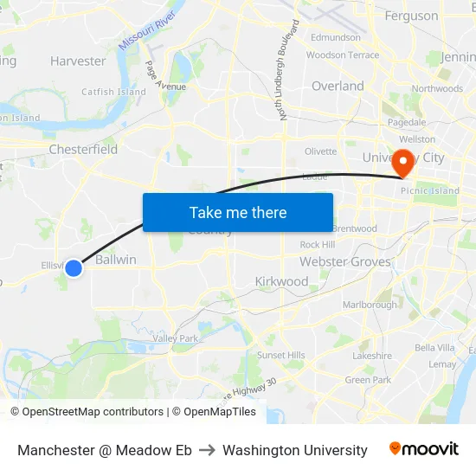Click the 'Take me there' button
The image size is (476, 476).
click(x=238, y=212)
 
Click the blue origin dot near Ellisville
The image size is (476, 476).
click(x=74, y=268)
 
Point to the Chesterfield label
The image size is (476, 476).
click(x=83, y=149)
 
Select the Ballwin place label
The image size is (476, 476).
click(x=116, y=260)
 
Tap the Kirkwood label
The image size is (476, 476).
click(x=281, y=281)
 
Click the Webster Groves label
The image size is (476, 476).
click(x=345, y=261)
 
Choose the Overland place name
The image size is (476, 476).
click(x=338, y=86)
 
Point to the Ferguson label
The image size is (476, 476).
click(x=411, y=16)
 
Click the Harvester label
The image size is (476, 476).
click(x=78, y=61)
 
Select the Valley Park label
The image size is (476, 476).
click(x=176, y=338)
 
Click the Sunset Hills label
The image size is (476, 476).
click(x=280, y=355)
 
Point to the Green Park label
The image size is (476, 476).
click(x=368, y=380)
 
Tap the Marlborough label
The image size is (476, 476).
click(x=370, y=305)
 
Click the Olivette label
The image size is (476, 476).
click(x=320, y=151)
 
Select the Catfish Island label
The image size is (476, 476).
click(x=113, y=92)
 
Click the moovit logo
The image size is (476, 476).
click(x=423, y=449)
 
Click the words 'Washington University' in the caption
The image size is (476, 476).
click(x=294, y=450)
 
